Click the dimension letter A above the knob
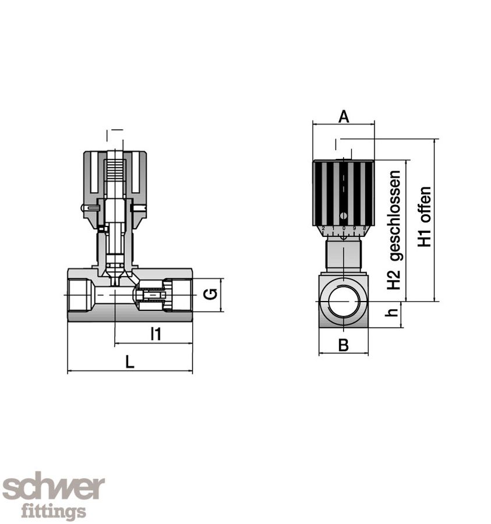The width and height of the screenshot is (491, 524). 344,116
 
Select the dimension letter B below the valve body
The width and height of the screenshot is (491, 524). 344,345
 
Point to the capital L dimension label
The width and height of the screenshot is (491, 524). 130,362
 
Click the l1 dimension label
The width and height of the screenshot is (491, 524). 155,334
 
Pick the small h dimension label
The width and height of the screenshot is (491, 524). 393,313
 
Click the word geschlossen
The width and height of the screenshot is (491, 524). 395,215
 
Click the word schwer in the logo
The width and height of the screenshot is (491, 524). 54,487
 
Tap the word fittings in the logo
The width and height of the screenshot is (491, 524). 54,512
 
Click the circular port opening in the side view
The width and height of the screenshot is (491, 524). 344,301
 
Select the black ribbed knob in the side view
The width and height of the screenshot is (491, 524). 344,192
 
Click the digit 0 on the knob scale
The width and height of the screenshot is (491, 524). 344,229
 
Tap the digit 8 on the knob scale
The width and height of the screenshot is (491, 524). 364,228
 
